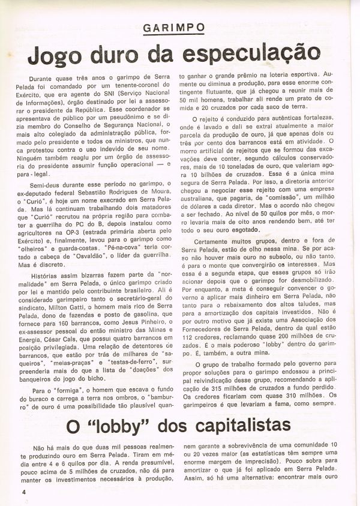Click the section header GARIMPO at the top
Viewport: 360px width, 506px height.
175,28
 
